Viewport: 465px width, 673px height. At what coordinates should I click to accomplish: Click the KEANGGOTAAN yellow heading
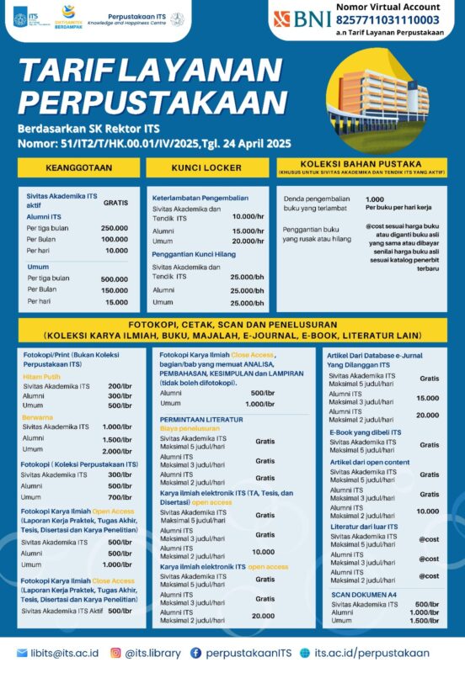[x=73, y=168]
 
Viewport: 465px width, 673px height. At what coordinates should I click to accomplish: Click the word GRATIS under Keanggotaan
[x=115, y=203]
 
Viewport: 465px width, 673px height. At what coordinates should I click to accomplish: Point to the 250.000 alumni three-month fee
[x=115, y=228]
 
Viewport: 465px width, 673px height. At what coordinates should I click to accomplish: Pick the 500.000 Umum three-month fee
[x=115, y=278]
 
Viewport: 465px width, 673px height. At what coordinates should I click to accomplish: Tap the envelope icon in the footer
[x=23, y=653]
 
